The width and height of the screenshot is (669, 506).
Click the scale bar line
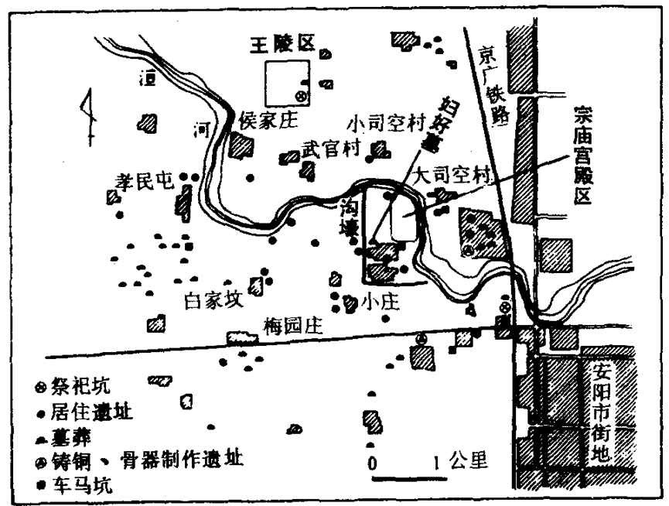coord(406,480)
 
